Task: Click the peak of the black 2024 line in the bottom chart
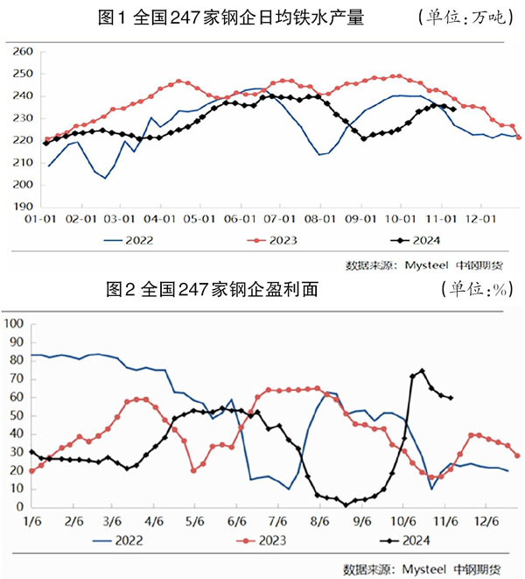pos(423,371)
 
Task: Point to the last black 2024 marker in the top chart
pos(452,109)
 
